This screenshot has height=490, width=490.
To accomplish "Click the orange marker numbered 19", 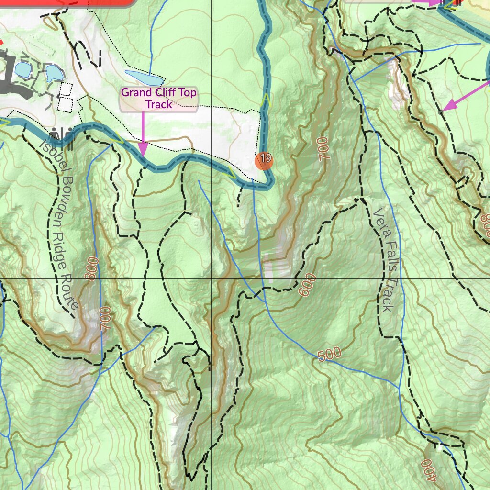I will [264, 160].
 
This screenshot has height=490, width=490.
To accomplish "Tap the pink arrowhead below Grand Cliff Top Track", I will [143, 151].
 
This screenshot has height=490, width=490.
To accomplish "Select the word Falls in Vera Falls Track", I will [389, 259].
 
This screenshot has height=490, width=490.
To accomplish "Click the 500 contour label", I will [329, 355].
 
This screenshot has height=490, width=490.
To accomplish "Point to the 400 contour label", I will [429, 470].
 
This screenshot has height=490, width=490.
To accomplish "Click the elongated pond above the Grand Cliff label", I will [143, 77].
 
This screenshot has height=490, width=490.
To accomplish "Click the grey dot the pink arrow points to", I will [440, 111].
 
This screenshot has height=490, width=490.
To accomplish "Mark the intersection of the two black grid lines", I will [212, 278].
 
